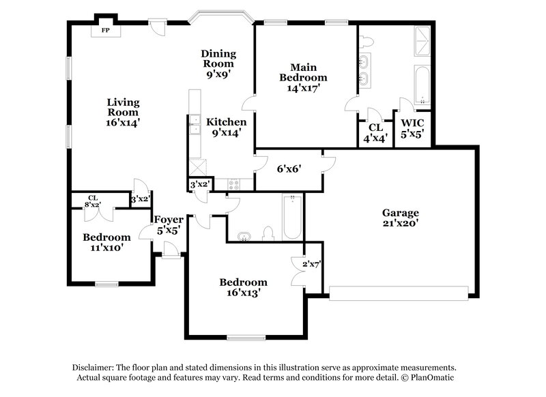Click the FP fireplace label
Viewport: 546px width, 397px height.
pyautogui.click(x=106, y=31)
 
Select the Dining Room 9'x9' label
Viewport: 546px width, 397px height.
pyautogui.click(x=218, y=64)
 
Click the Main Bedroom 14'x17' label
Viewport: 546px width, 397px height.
pyautogui.click(x=303, y=77)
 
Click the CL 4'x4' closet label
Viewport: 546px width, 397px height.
pyautogui.click(x=375, y=132)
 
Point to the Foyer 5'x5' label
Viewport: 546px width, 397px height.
pyautogui.click(x=168, y=224)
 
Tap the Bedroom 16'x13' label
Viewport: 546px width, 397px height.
pyautogui.click(x=242, y=287)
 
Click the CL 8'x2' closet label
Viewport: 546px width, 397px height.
pyautogui.click(x=92, y=201)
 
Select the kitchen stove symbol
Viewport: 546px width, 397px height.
pyautogui.click(x=234, y=183)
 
